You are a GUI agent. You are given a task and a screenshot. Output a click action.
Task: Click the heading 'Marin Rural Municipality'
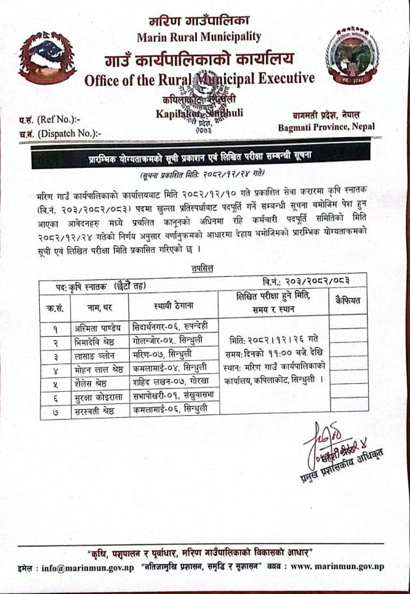(199, 36)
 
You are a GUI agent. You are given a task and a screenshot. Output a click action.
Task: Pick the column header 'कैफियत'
(348, 300)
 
